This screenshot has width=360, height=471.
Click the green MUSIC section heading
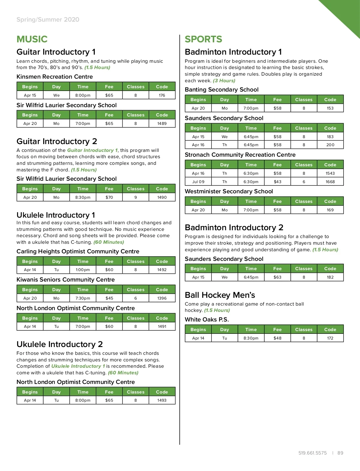[x=32, y=39]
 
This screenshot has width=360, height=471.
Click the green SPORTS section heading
[x=203, y=39]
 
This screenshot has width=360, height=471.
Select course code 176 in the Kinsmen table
[x=162, y=95]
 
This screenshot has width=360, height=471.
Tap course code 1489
[x=162, y=123]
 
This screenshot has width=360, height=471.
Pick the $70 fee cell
[x=109, y=197]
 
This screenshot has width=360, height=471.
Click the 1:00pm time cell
[x=83, y=270]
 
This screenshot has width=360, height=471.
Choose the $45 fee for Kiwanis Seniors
[x=109, y=298]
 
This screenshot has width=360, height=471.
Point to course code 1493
[x=162, y=400]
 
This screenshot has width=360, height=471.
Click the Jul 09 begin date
[x=198, y=182]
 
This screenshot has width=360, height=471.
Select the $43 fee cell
[x=277, y=182]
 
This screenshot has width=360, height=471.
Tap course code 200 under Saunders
[x=330, y=145]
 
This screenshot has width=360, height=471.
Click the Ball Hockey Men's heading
[x=220, y=295]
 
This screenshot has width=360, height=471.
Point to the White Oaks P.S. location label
[x=207, y=319]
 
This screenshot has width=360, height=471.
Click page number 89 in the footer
[x=340, y=453]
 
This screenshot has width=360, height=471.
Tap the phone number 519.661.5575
[x=312, y=453]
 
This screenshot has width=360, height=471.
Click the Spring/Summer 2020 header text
[x=48, y=20]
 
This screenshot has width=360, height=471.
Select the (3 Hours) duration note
[x=224, y=80]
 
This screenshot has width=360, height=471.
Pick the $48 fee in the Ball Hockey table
[x=277, y=338]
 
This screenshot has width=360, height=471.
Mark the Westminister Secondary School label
[x=229, y=191]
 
